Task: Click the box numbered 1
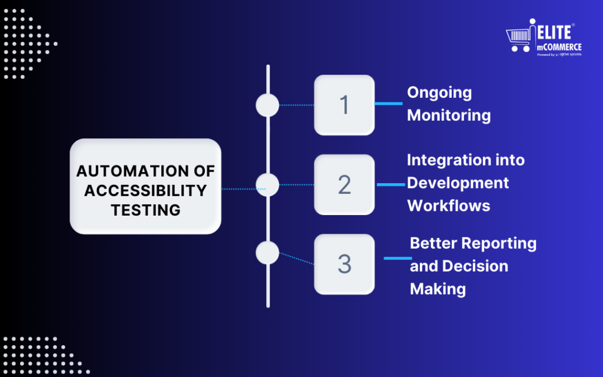tap(344, 105)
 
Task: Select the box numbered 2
tap(344, 185)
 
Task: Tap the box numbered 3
tap(344, 264)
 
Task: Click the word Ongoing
tap(439, 92)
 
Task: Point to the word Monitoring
tap(449, 115)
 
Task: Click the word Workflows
tap(449, 206)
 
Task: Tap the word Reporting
tap(499, 243)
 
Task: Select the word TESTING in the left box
tap(145, 210)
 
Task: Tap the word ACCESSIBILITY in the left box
tap(145, 190)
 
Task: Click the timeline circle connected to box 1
tap(267, 105)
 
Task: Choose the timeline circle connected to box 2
tap(267, 185)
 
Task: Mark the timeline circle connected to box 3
tap(267, 253)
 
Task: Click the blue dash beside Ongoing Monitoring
tap(389, 104)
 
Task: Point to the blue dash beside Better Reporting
tap(397, 258)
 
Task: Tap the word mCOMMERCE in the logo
tap(559, 47)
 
